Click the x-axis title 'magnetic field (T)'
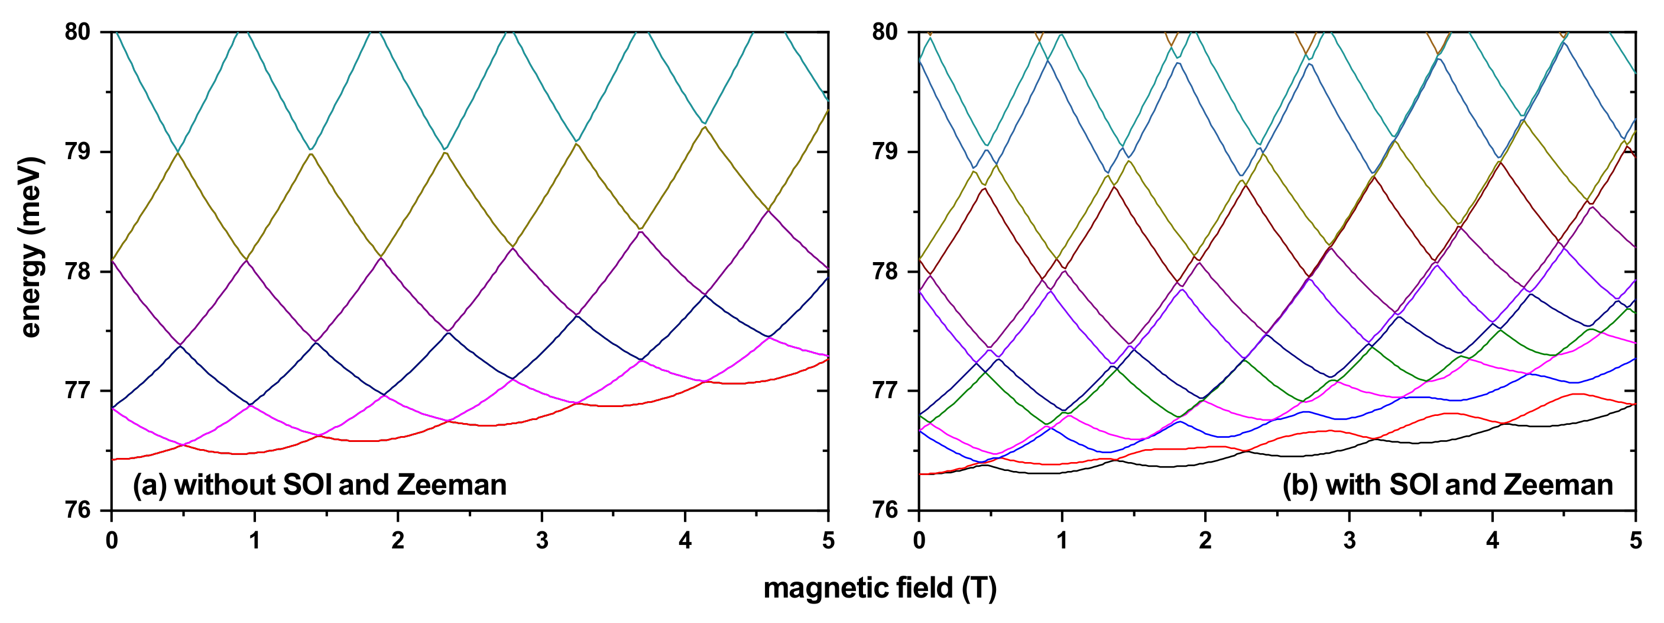880,588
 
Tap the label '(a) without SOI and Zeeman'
319,485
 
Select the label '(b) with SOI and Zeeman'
1448,485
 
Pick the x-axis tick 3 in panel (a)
541,540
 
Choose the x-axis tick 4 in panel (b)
1492,540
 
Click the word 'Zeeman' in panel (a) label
452,485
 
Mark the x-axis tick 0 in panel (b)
919,540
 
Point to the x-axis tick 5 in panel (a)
828,540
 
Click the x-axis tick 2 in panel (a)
398,540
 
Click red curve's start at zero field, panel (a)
113,459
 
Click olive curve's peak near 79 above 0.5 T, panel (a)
178,153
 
